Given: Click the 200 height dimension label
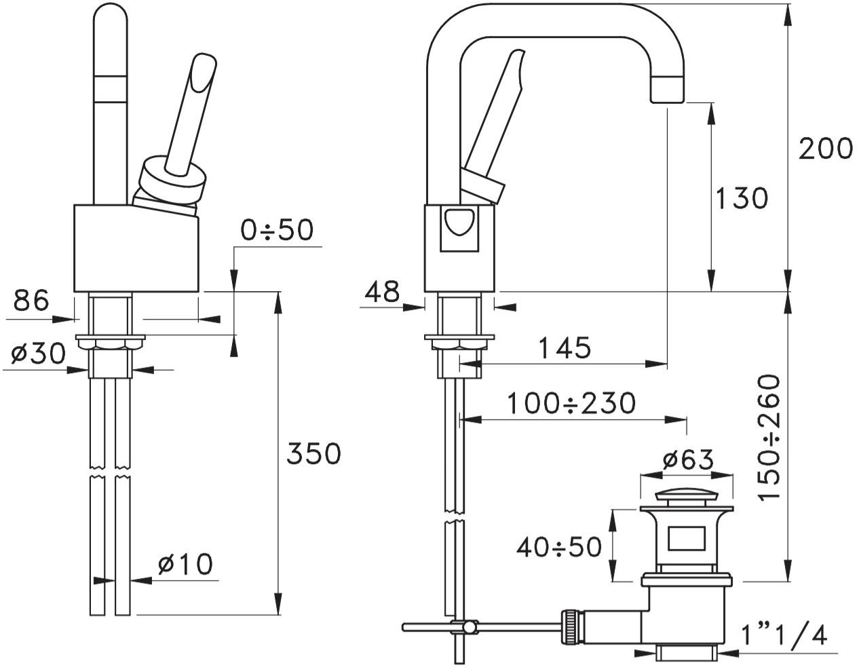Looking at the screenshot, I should [824, 148].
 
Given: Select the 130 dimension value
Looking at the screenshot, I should [742, 198].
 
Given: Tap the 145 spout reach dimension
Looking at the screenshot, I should [565, 348].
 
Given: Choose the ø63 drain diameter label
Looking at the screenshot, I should [688, 461].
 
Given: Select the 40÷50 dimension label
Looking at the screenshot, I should [558, 546].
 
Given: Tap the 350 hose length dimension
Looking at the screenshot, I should [313, 453].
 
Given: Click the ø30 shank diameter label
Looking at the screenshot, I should [38, 353].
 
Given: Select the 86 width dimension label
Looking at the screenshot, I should [31, 299].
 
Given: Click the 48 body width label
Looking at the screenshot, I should [382, 292].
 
